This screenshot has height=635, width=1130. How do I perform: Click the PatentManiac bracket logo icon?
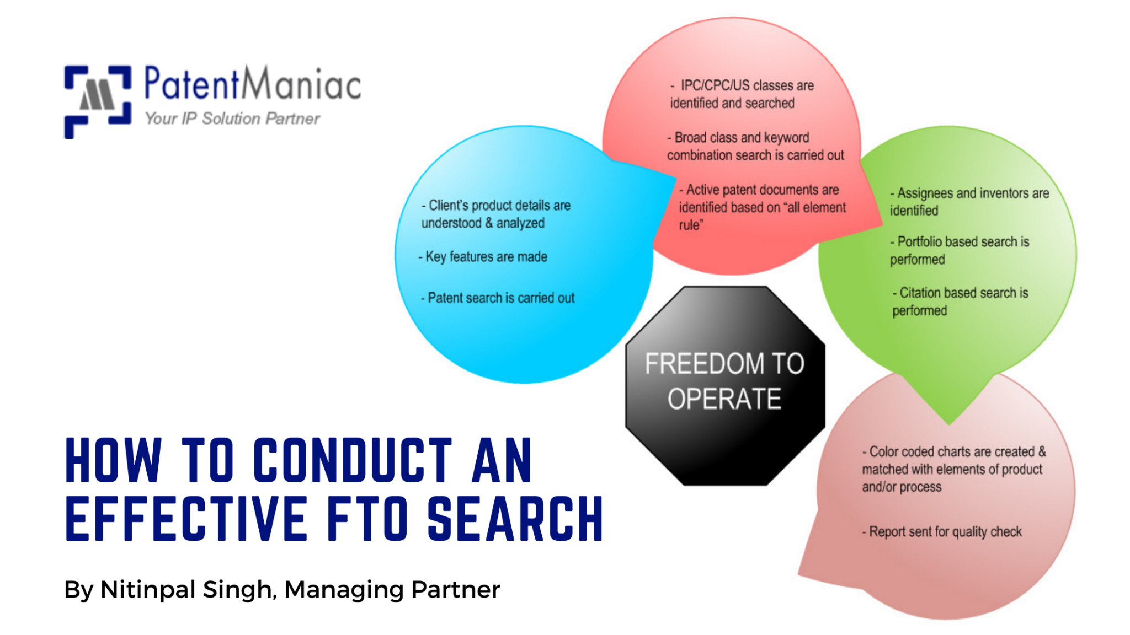[x=98, y=101]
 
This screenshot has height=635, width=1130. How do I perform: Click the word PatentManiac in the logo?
[x=252, y=84]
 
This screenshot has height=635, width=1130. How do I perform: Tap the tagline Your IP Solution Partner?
[x=232, y=119]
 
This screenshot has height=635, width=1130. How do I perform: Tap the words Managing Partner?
[x=392, y=589]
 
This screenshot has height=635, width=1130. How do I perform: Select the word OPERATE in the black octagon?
[x=724, y=399]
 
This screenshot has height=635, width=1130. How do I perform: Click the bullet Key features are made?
[x=483, y=257]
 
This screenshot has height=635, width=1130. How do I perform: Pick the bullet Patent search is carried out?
[x=498, y=298]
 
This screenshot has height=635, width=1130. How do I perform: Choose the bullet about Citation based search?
[x=960, y=302]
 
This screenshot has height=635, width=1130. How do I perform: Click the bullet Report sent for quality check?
[x=942, y=532]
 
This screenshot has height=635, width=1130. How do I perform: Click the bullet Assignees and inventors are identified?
[x=969, y=202]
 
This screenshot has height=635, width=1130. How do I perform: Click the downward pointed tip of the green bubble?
[x=949, y=421]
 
